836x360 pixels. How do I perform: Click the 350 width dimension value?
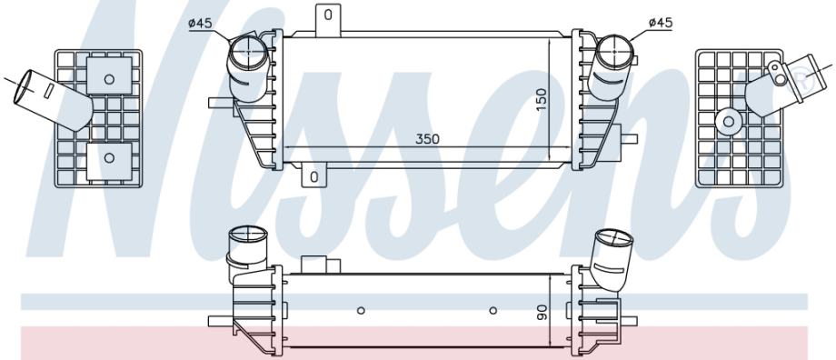[x=427, y=139]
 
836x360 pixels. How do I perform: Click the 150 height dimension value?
[x=542, y=100]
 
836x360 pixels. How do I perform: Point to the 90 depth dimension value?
[x=542, y=313]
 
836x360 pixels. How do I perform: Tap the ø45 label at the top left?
[x=200, y=23]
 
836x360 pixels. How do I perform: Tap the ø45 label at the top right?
[x=661, y=23]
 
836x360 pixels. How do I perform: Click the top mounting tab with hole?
[x=328, y=20]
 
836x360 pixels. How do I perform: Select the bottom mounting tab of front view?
[x=313, y=176]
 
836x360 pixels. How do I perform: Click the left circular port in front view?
[x=248, y=51]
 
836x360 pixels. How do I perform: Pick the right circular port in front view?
[x=614, y=52]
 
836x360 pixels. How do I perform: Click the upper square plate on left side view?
[x=109, y=75]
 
